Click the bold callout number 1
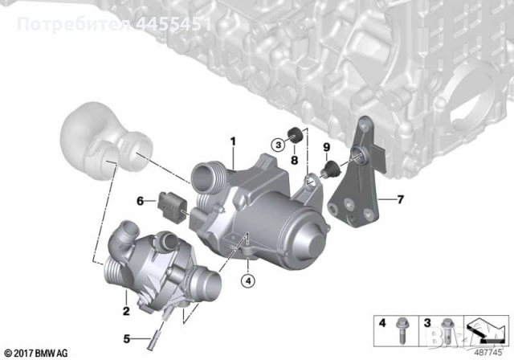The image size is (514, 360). pyautogui.click(x=233, y=142)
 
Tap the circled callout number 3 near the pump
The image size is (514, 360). pyautogui.click(x=277, y=145)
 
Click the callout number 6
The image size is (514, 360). pyautogui.click(x=140, y=200)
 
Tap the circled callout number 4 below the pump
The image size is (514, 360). pyautogui.click(x=249, y=280)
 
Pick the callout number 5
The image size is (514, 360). pyautogui.click(x=125, y=337)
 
